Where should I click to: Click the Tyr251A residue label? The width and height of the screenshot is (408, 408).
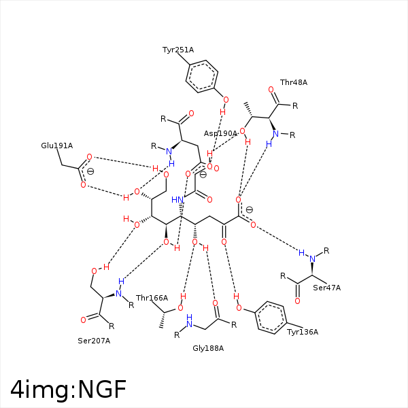[178, 50]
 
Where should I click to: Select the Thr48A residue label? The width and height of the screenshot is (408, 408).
[294, 82]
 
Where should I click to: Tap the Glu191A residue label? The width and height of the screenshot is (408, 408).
[56, 146]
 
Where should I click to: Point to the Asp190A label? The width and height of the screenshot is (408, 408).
[220, 133]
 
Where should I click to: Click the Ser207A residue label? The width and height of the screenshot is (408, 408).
[94, 340]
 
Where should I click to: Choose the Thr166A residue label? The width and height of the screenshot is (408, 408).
[152, 298]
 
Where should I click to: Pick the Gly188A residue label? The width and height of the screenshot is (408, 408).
[208, 348]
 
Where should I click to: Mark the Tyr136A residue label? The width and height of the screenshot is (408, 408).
[303, 332]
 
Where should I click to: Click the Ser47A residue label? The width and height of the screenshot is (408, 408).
[326, 288]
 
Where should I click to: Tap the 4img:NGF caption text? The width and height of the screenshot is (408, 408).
[68, 390]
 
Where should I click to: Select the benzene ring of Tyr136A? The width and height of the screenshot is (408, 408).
[273, 318]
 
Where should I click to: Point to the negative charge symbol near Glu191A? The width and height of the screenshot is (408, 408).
[90, 171]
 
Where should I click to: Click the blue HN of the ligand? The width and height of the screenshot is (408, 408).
[178, 200]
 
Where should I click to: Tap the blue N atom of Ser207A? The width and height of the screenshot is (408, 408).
[118, 294]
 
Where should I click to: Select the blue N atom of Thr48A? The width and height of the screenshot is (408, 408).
[276, 133]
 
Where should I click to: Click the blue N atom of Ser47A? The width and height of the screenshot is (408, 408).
[312, 258]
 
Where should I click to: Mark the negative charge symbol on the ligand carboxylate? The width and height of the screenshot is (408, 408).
[249, 209]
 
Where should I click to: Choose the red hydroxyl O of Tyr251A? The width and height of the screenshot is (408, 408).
[226, 100]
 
